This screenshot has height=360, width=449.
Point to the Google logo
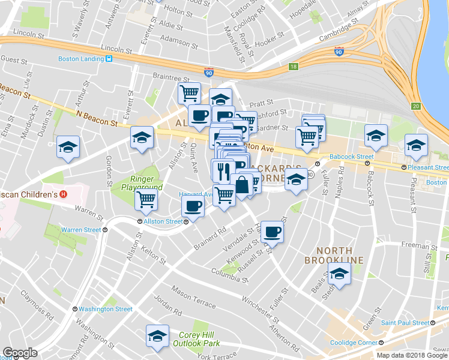pyautogui.click(x=20, y=353)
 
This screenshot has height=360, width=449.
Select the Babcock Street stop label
pyautogui.click(x=351, y=157)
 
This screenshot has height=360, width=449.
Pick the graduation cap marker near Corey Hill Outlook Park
pyautogui.click(x=157, y=337)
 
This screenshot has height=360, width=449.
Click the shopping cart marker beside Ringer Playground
pyautogui.click(x=146, y=199)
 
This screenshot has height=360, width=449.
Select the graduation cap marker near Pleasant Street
pyautogui.click(x=416, y=145)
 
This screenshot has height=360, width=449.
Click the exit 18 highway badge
pyautogui.click(x=293, y=67)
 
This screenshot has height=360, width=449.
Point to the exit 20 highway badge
pyautogui.click(x=416, y=106)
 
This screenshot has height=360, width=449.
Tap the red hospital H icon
pyautogui.click(x=65, y=194)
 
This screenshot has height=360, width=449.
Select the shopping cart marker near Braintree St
pyautogui.click(x=189, y=94)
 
